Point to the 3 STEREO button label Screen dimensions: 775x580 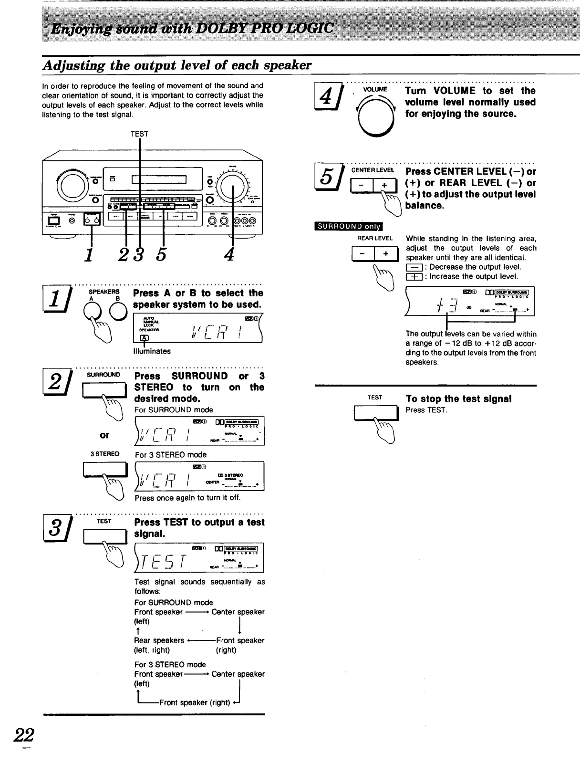point(105,454)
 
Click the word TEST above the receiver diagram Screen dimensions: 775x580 point(139,134)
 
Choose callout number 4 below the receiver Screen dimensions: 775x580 point(229,254)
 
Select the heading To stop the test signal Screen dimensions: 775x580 point(458,398)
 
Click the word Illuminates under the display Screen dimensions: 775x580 point(152,351)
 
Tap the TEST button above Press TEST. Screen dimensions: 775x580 point(375,413)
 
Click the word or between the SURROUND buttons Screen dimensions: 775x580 point(104,435)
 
